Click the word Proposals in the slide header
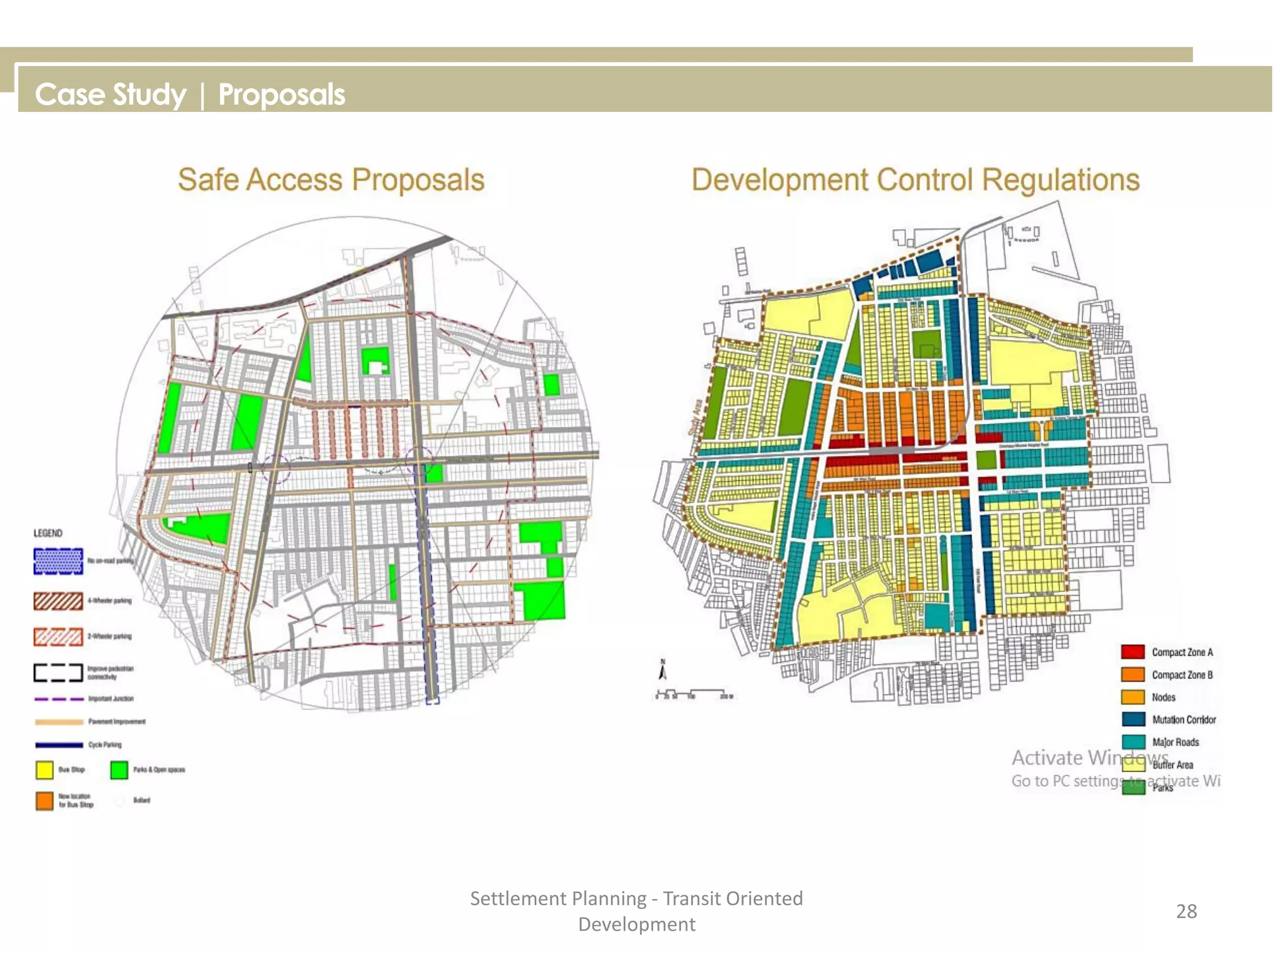tap(281, 95)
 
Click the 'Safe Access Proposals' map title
tap(331, 180)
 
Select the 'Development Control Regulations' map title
tap(915, 180)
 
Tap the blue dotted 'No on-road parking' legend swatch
tap(58, 561)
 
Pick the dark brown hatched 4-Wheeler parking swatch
tap(58, 601)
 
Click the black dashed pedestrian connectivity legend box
tap(58, 673)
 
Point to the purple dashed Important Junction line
tap(59, 699)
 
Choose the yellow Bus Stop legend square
tap(44, 770)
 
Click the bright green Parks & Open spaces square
tap(119, 770)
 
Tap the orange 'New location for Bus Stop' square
tap(44, 800)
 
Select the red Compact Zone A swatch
tap(1133, 652)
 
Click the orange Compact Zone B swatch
tap(1133, 675)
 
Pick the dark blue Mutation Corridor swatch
tap(1133, 719)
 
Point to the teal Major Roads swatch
tap(1133, 742)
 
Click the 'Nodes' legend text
tap(1163, 698)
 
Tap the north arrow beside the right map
tap(663, 671)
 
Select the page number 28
tap(1186, 911)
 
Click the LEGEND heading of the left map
tap(48, 533)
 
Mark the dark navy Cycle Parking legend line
tap(59, 745)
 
